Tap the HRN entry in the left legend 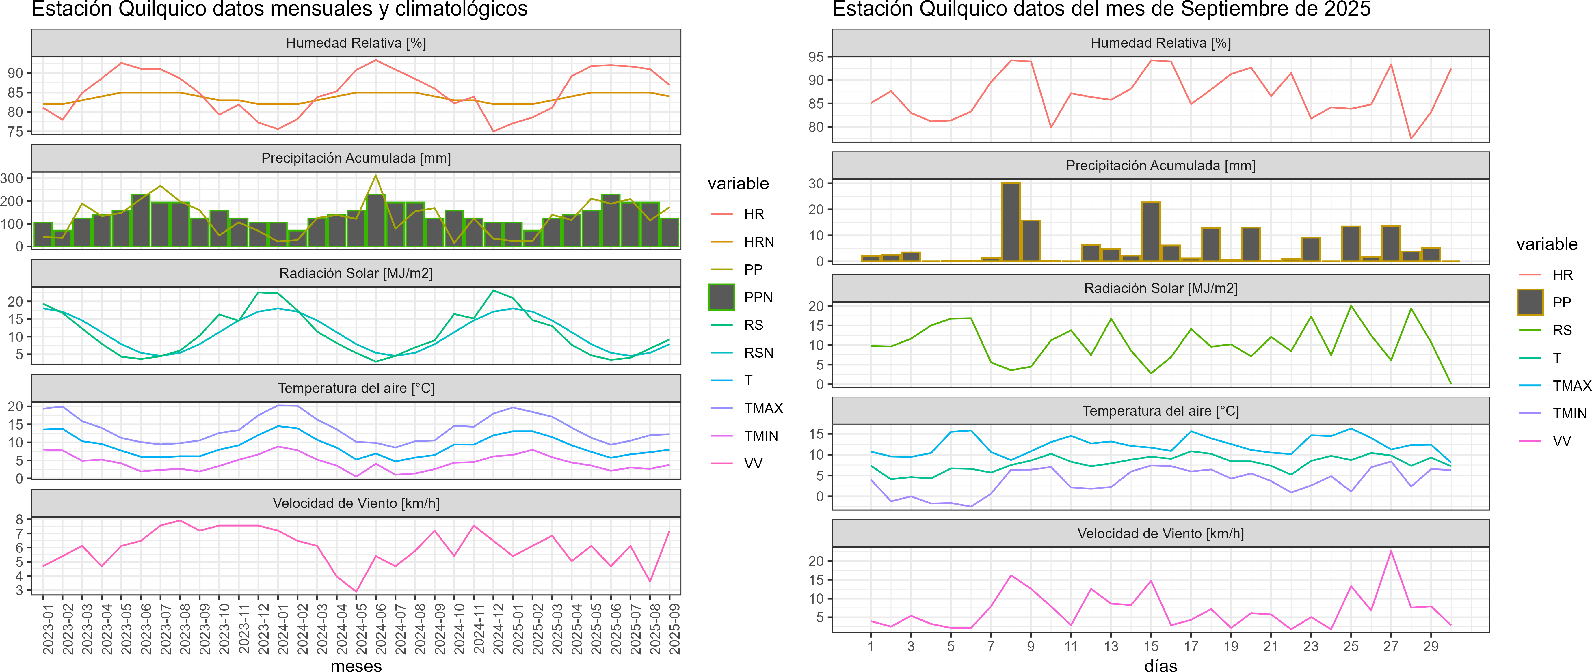[758, 242]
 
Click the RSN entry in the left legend [758, 353]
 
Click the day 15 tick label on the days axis [1151, 646]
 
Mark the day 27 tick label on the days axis [1390, 646]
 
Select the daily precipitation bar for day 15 [1151, 232]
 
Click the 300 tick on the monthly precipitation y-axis [12, 178]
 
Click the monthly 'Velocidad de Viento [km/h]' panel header [356, 503]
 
